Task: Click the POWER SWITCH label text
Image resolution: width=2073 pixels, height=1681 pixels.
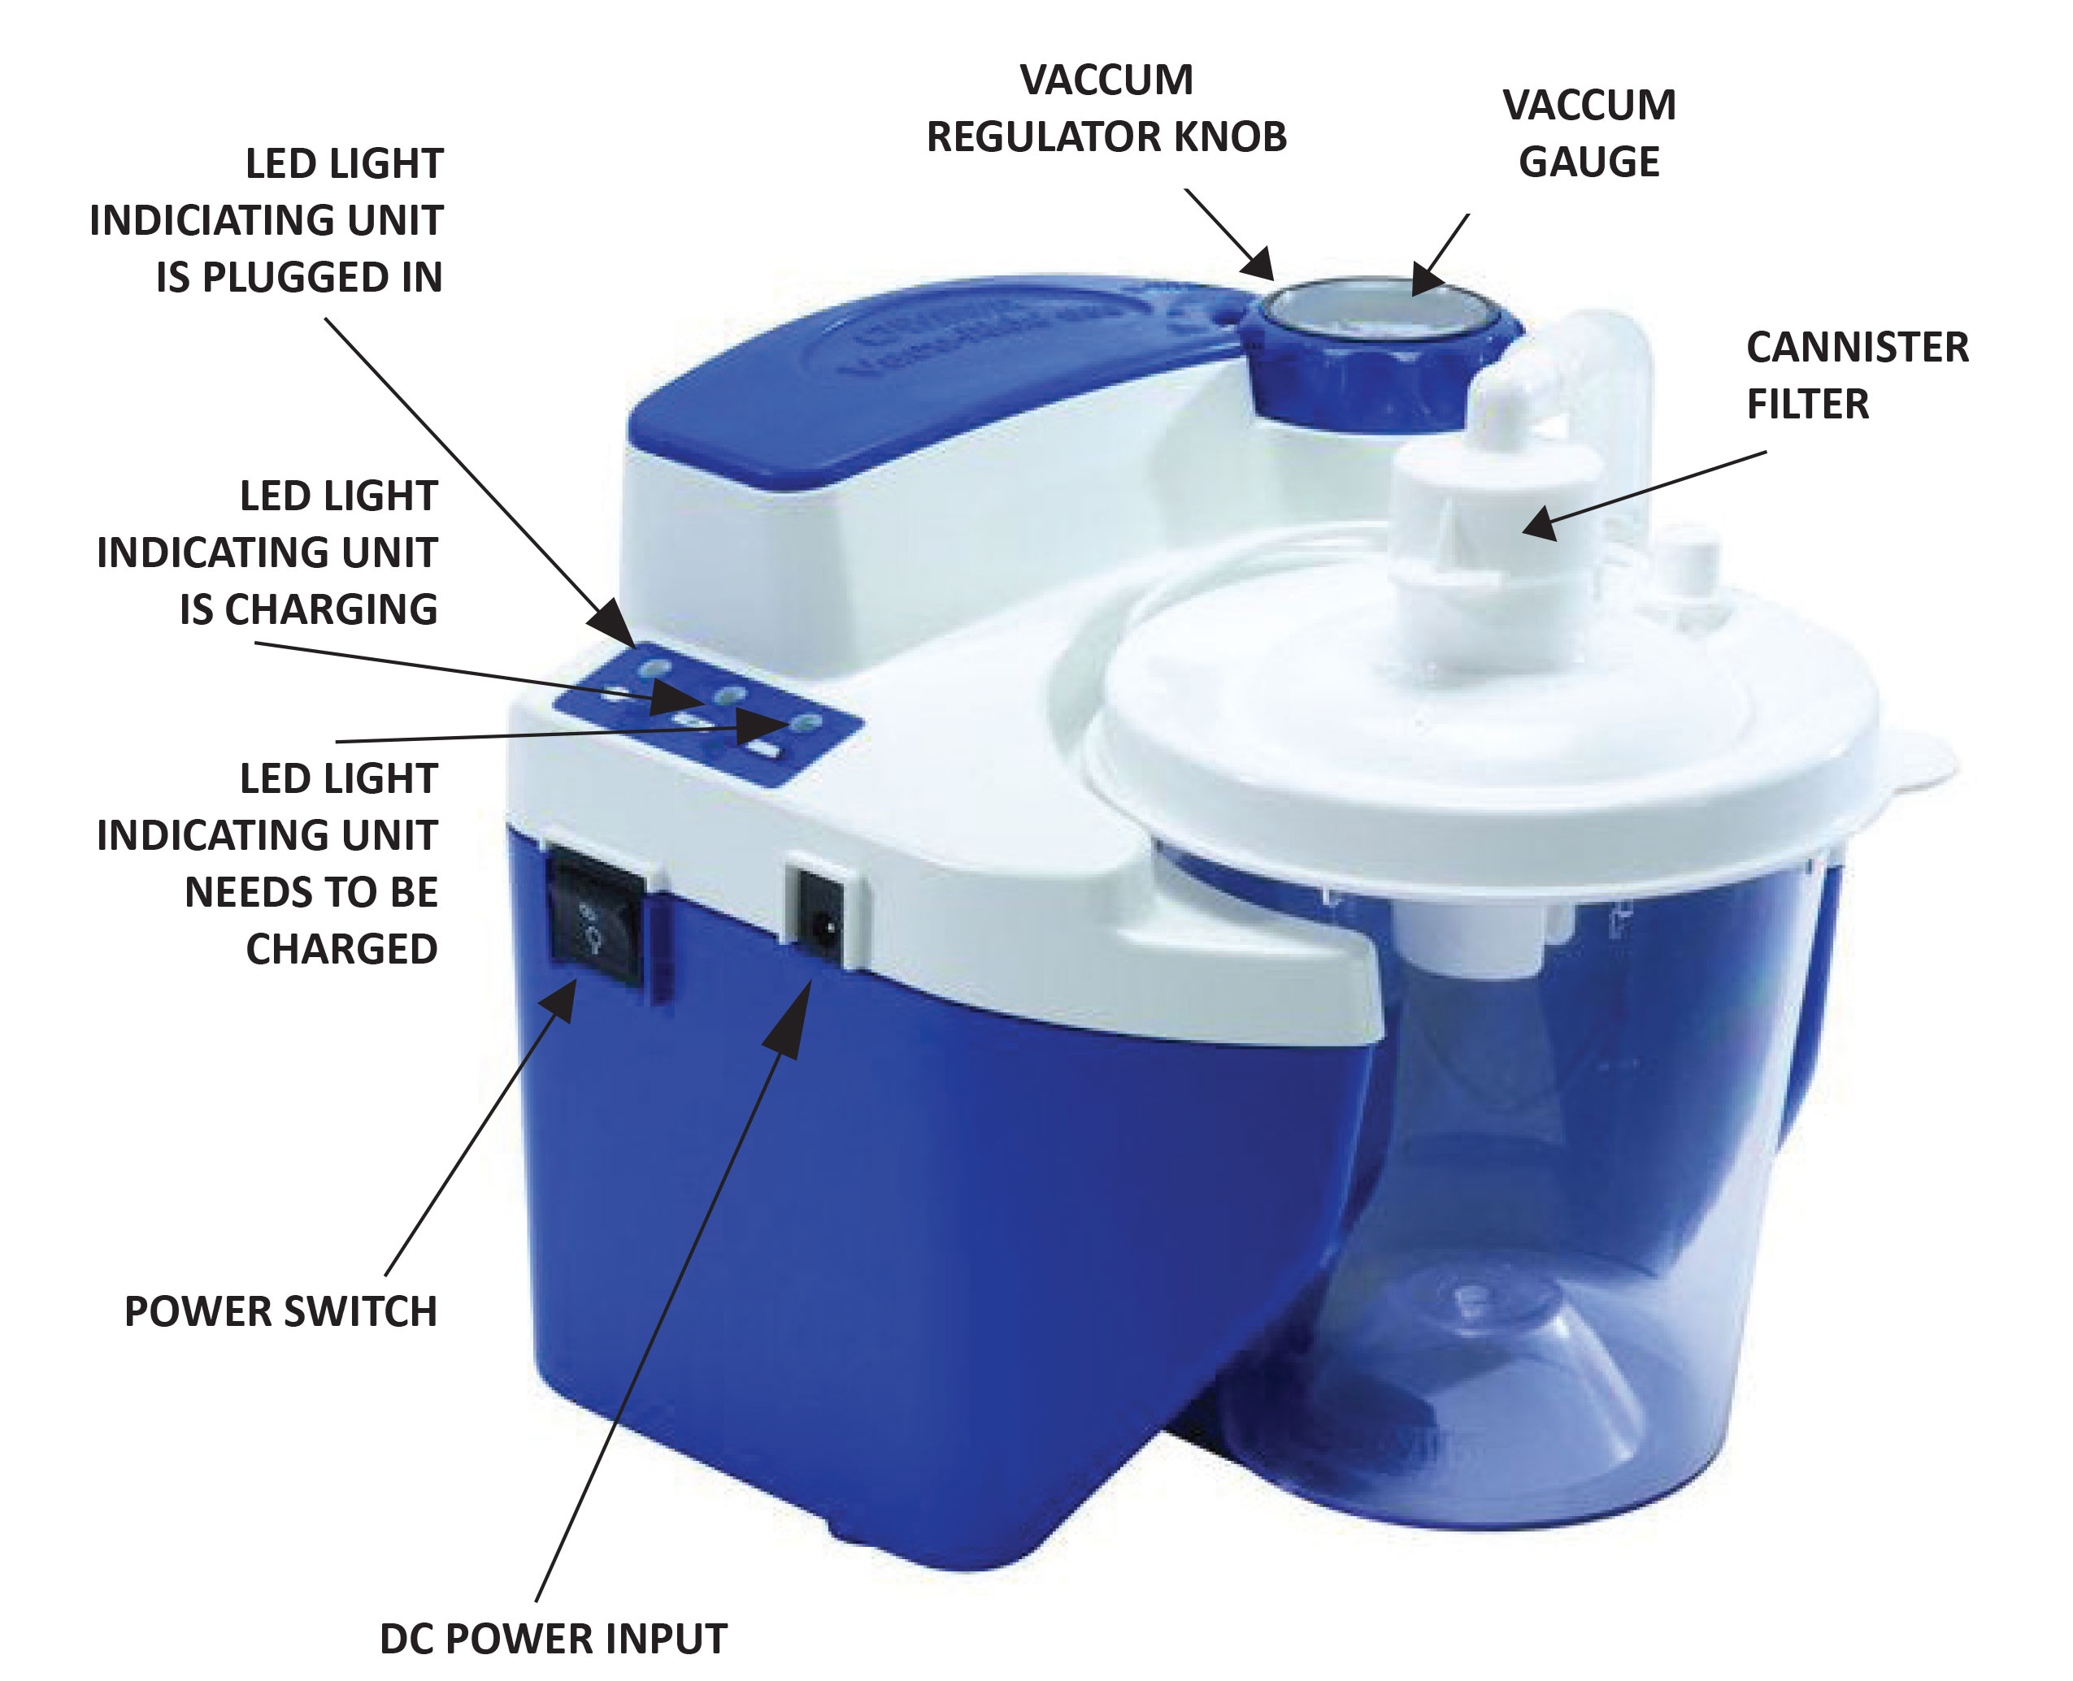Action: click(x=281, y=1311)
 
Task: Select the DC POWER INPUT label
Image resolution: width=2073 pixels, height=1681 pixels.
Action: click(x=553, y=1639)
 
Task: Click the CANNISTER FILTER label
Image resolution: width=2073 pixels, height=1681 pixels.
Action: click(x=1855, y=375)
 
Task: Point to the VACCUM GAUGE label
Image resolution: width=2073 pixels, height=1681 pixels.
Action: click(x=1588, y=132)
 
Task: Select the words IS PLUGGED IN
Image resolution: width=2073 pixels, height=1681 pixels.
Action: click(x=298, y=278)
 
